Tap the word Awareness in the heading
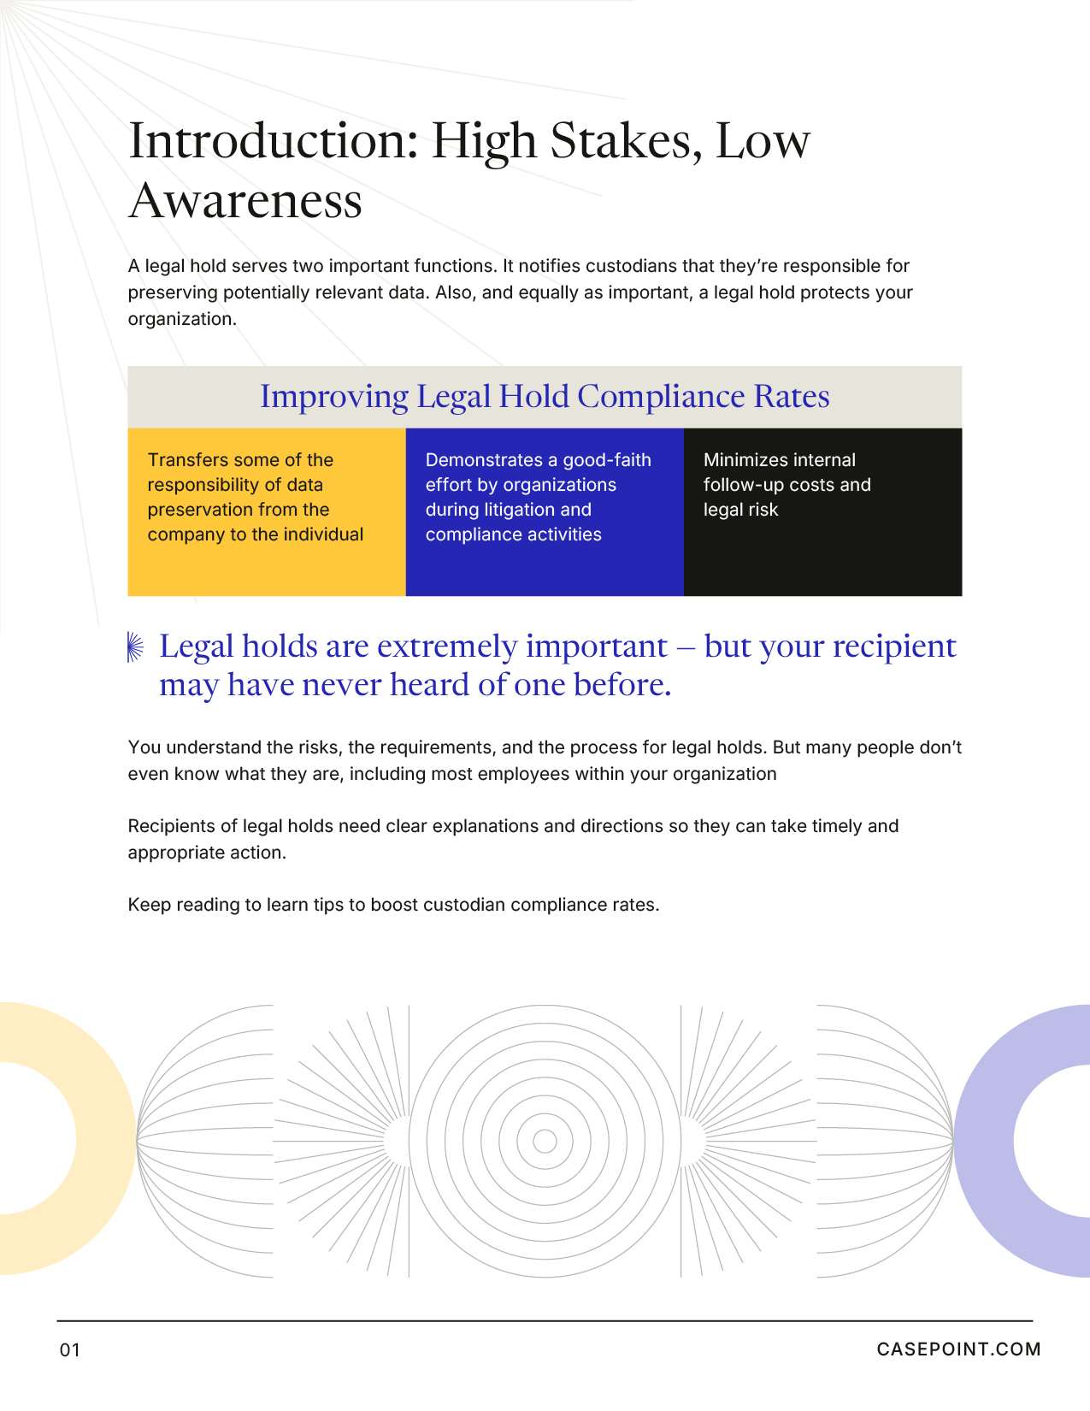pyautogui.click(x=246, y=201)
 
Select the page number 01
pyautogui.click(x=69, y=1350)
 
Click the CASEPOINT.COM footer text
pyautogui.click(x=958, y=1349)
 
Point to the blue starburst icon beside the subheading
pyautogui.click(x=135, y=646)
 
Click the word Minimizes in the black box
pyautogui.click(x=741, y=460)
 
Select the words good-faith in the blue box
pyautogui.click(x=607, y=460)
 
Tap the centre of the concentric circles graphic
pyautogui.click(x=545, y=1141)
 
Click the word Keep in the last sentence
pyautogui.click(x=150, y=905)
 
